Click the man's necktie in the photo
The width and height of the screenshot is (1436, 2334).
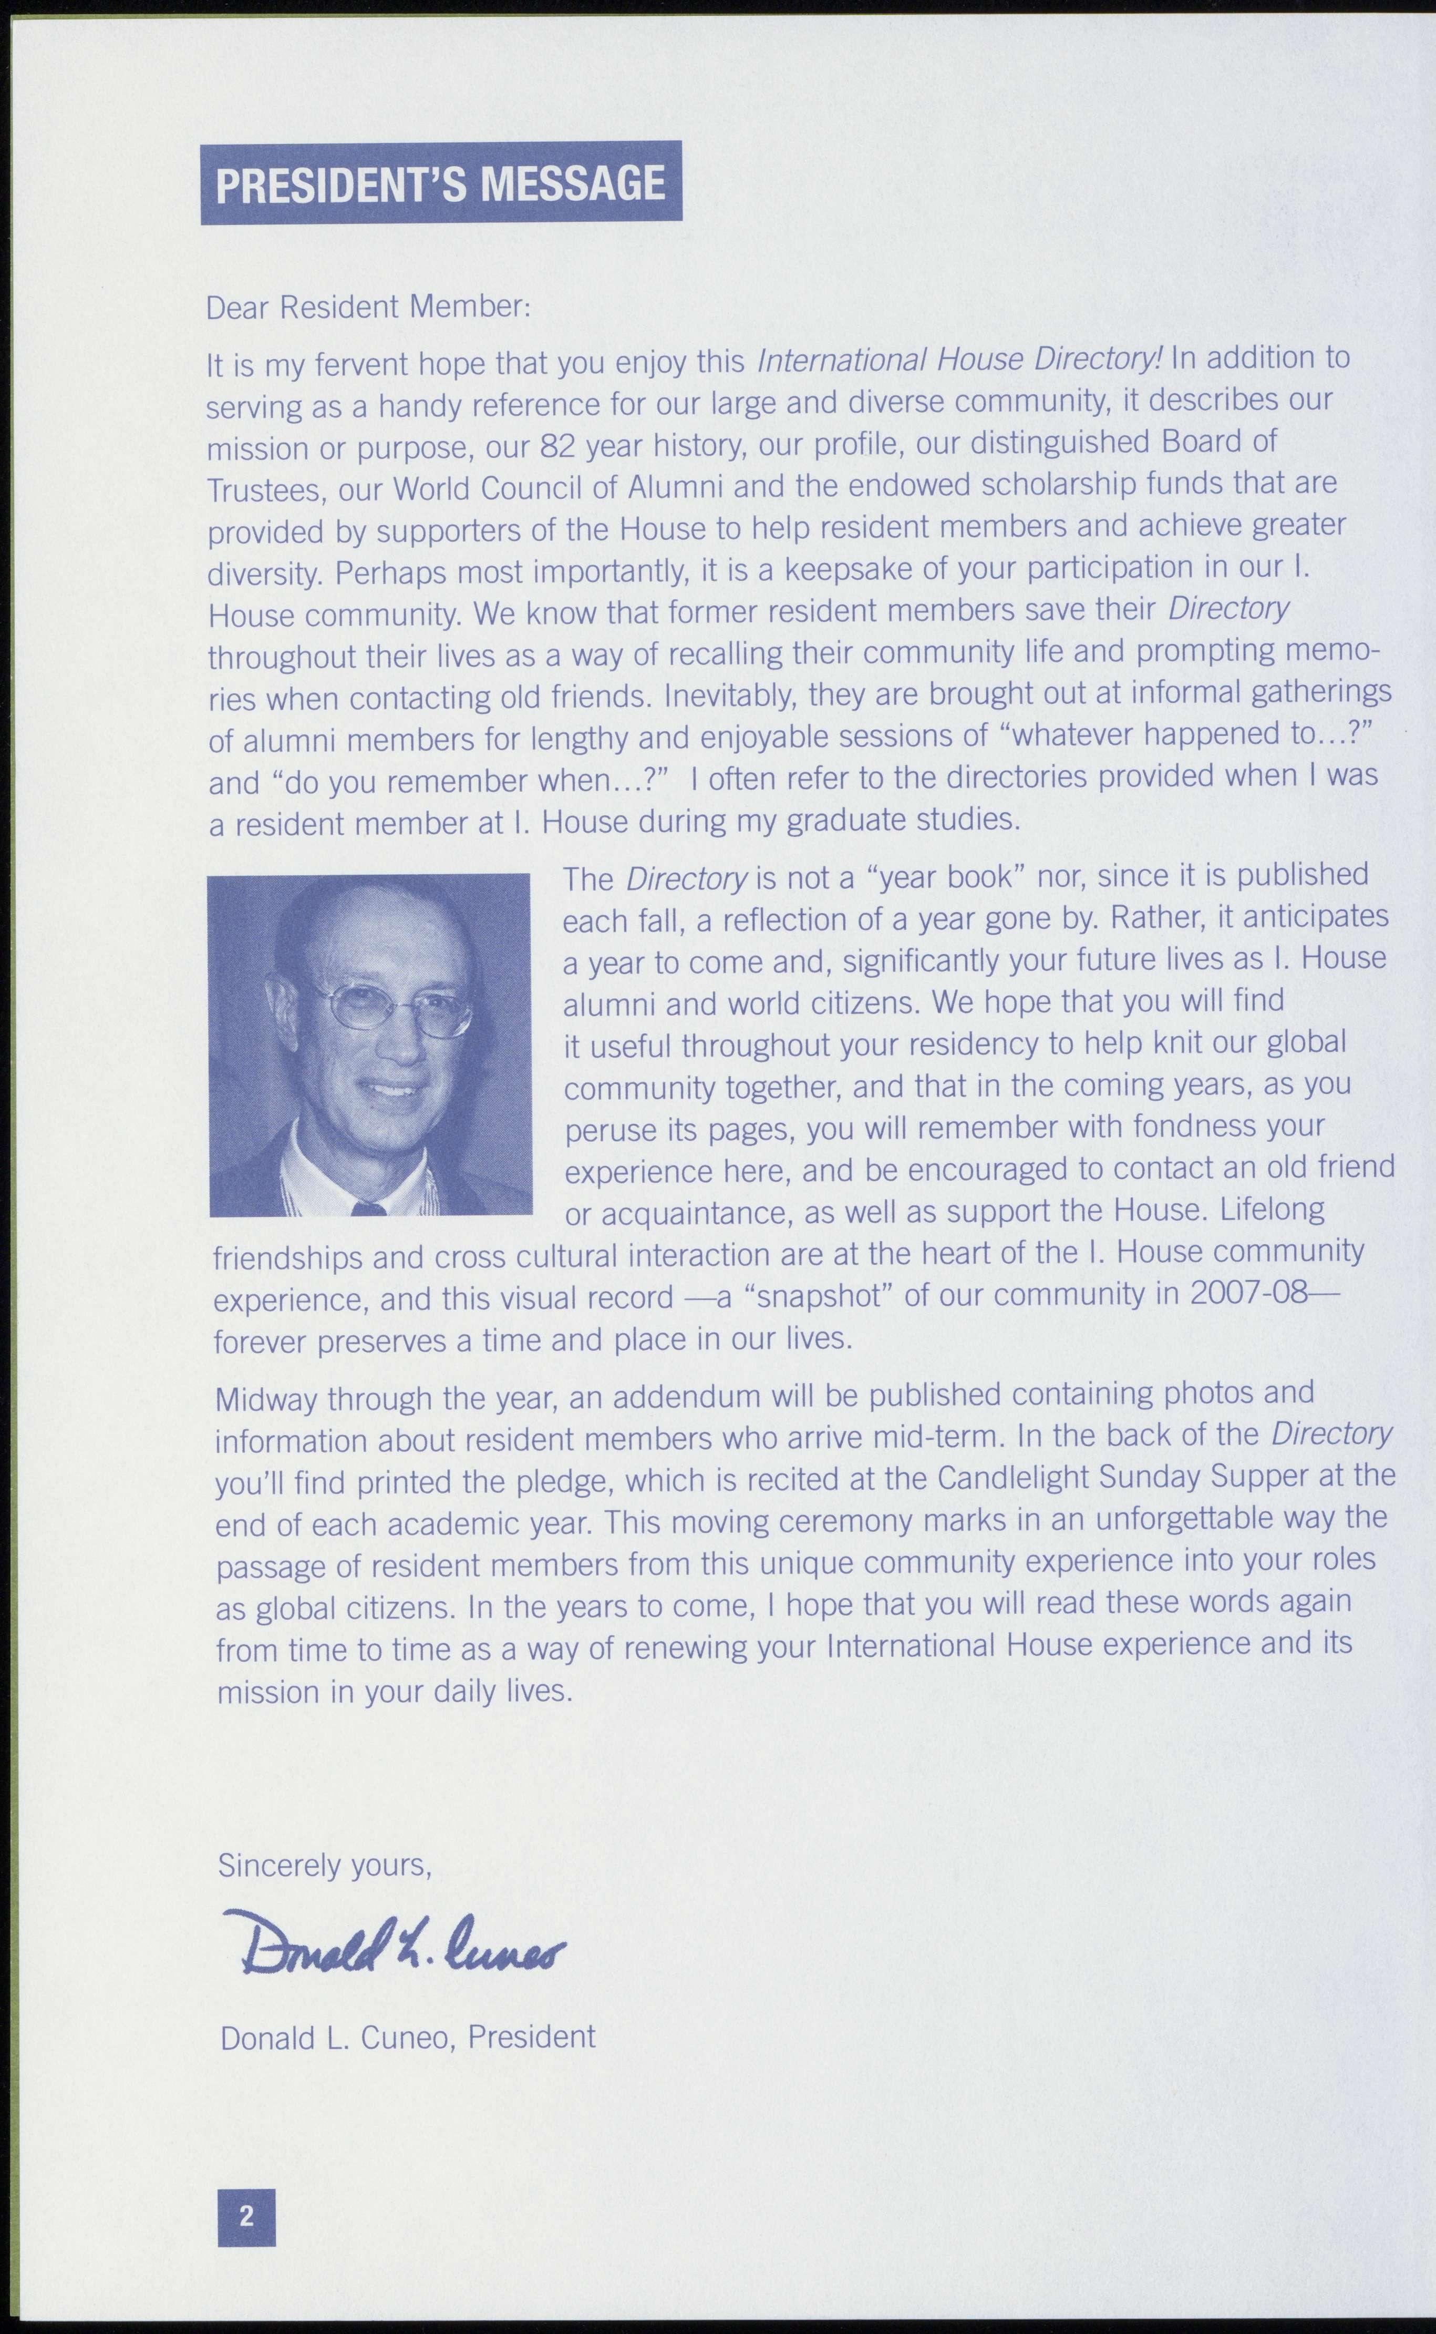pos(368,1209)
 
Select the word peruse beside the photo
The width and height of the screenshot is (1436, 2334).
pos(608,1130)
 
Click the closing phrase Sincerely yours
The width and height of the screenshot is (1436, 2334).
pos(325,1865)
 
